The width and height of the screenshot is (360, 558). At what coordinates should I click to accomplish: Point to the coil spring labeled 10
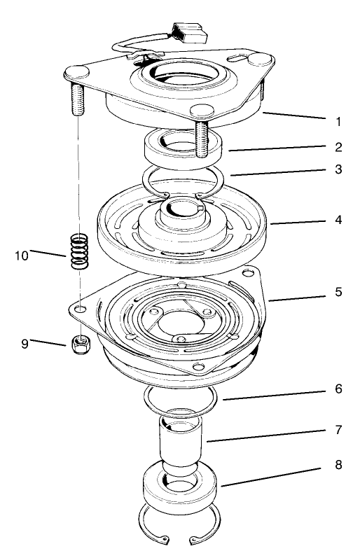pyautogui.click(x=79, y=250)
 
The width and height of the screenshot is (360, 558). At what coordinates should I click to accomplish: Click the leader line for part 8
pyautogui.click(x=273, y=474)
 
